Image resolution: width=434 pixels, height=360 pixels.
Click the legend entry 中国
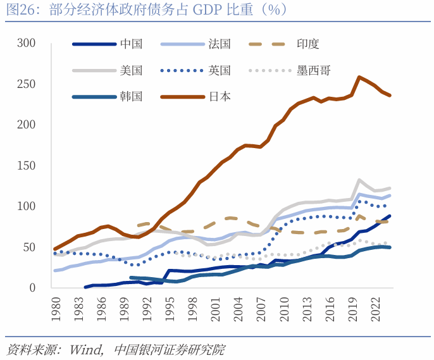click(131, 44)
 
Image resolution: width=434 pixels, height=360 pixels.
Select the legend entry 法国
click(219, 44)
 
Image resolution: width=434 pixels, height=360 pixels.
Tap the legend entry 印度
click(307, 44)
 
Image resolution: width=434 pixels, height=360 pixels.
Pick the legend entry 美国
click(131, 70)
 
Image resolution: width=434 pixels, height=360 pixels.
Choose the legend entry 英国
click(219, 70)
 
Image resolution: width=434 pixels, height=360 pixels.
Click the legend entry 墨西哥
click(313, 70)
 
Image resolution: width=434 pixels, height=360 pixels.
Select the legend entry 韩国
click(131, 97)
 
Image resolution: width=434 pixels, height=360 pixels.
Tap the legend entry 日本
click(219, 97)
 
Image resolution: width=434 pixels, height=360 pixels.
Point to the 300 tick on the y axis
click(26, 44)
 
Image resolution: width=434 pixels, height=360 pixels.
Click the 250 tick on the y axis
click(26, 84)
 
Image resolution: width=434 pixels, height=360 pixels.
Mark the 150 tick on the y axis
click(26, 166)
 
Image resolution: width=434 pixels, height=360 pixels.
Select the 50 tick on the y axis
click(29, 247)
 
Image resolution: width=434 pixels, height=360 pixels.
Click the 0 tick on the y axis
click(32, 288)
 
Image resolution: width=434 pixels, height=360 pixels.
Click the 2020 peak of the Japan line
click(359, 77)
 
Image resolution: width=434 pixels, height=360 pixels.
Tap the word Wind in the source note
click(85, 349)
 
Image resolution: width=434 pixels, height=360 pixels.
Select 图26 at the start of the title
click(21, 9)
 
